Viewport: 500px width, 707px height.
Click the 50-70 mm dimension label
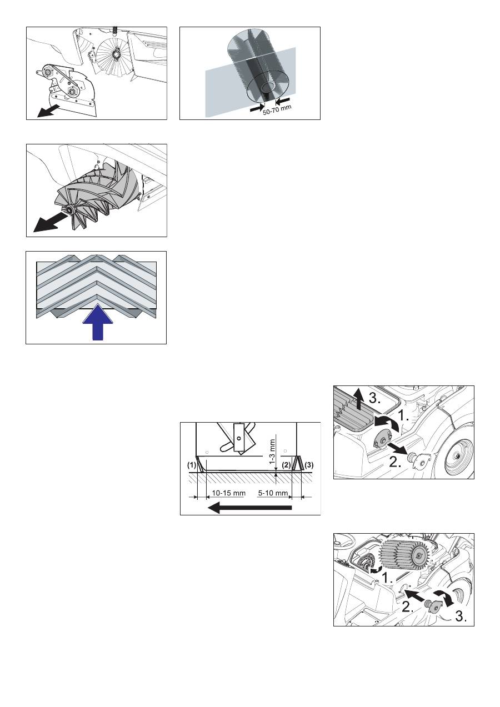[277, 109]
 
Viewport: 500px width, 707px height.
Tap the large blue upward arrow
[98, 322]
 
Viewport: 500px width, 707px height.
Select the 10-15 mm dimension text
[228, 493]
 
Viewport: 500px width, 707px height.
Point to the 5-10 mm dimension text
[273, 493]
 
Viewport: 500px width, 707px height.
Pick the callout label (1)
[192, 465]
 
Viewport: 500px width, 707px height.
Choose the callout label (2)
[286, 465]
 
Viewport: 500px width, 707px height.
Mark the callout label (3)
[309, 465]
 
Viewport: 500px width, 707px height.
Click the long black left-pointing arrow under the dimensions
[249, 508]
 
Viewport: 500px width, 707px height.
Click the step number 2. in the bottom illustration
[408, 607]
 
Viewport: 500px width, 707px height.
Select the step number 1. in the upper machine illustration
[403, 417]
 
